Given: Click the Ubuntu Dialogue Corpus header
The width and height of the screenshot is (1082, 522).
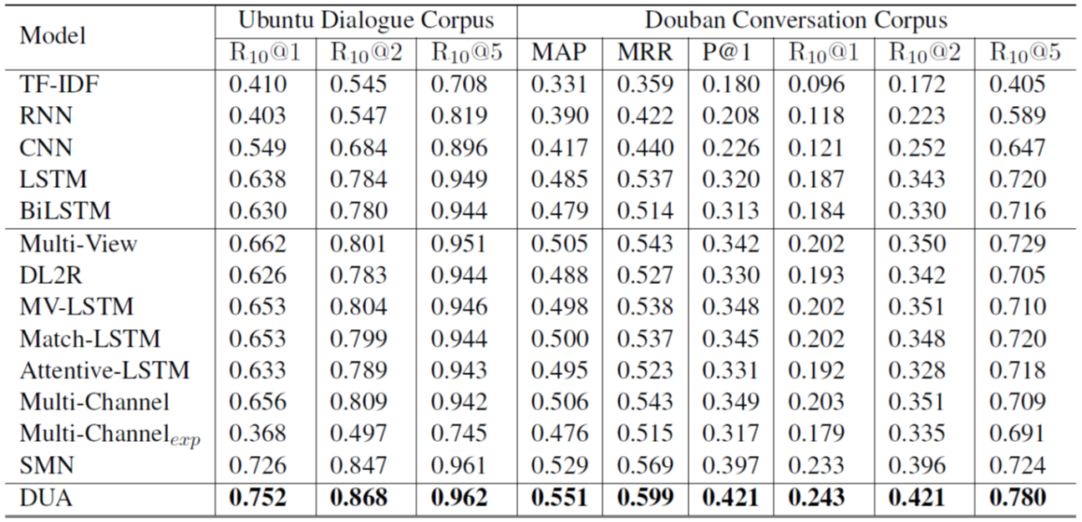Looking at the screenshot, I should [x=366, y=20].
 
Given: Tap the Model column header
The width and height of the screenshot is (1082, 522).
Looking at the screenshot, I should [x=53, y=36].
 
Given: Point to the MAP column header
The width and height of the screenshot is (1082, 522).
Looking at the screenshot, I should [x=559, y=53].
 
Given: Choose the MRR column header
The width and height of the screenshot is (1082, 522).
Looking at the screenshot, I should [x=645, y=53].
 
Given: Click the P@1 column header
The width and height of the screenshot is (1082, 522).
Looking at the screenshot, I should [x=727, y=53].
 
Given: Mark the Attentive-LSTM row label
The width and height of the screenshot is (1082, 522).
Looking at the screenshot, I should [x=104, y=370].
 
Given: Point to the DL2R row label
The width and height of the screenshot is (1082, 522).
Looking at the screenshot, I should [x=53, y=275].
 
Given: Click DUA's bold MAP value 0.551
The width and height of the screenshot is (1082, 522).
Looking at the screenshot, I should [x=560, y=499].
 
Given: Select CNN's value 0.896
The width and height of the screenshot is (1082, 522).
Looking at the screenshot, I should [x=460, y=148].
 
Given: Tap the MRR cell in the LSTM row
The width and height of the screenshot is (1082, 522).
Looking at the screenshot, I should [x=645, y=180].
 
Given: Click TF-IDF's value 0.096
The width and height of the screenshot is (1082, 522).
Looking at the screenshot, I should [x=818, y=84].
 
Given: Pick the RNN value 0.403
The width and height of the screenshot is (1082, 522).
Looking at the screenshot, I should [x=257, y=116].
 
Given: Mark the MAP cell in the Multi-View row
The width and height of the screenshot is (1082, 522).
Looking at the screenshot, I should [x=560, y=243].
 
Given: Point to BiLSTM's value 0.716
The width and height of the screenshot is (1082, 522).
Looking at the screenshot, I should [x=1017, y=211].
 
